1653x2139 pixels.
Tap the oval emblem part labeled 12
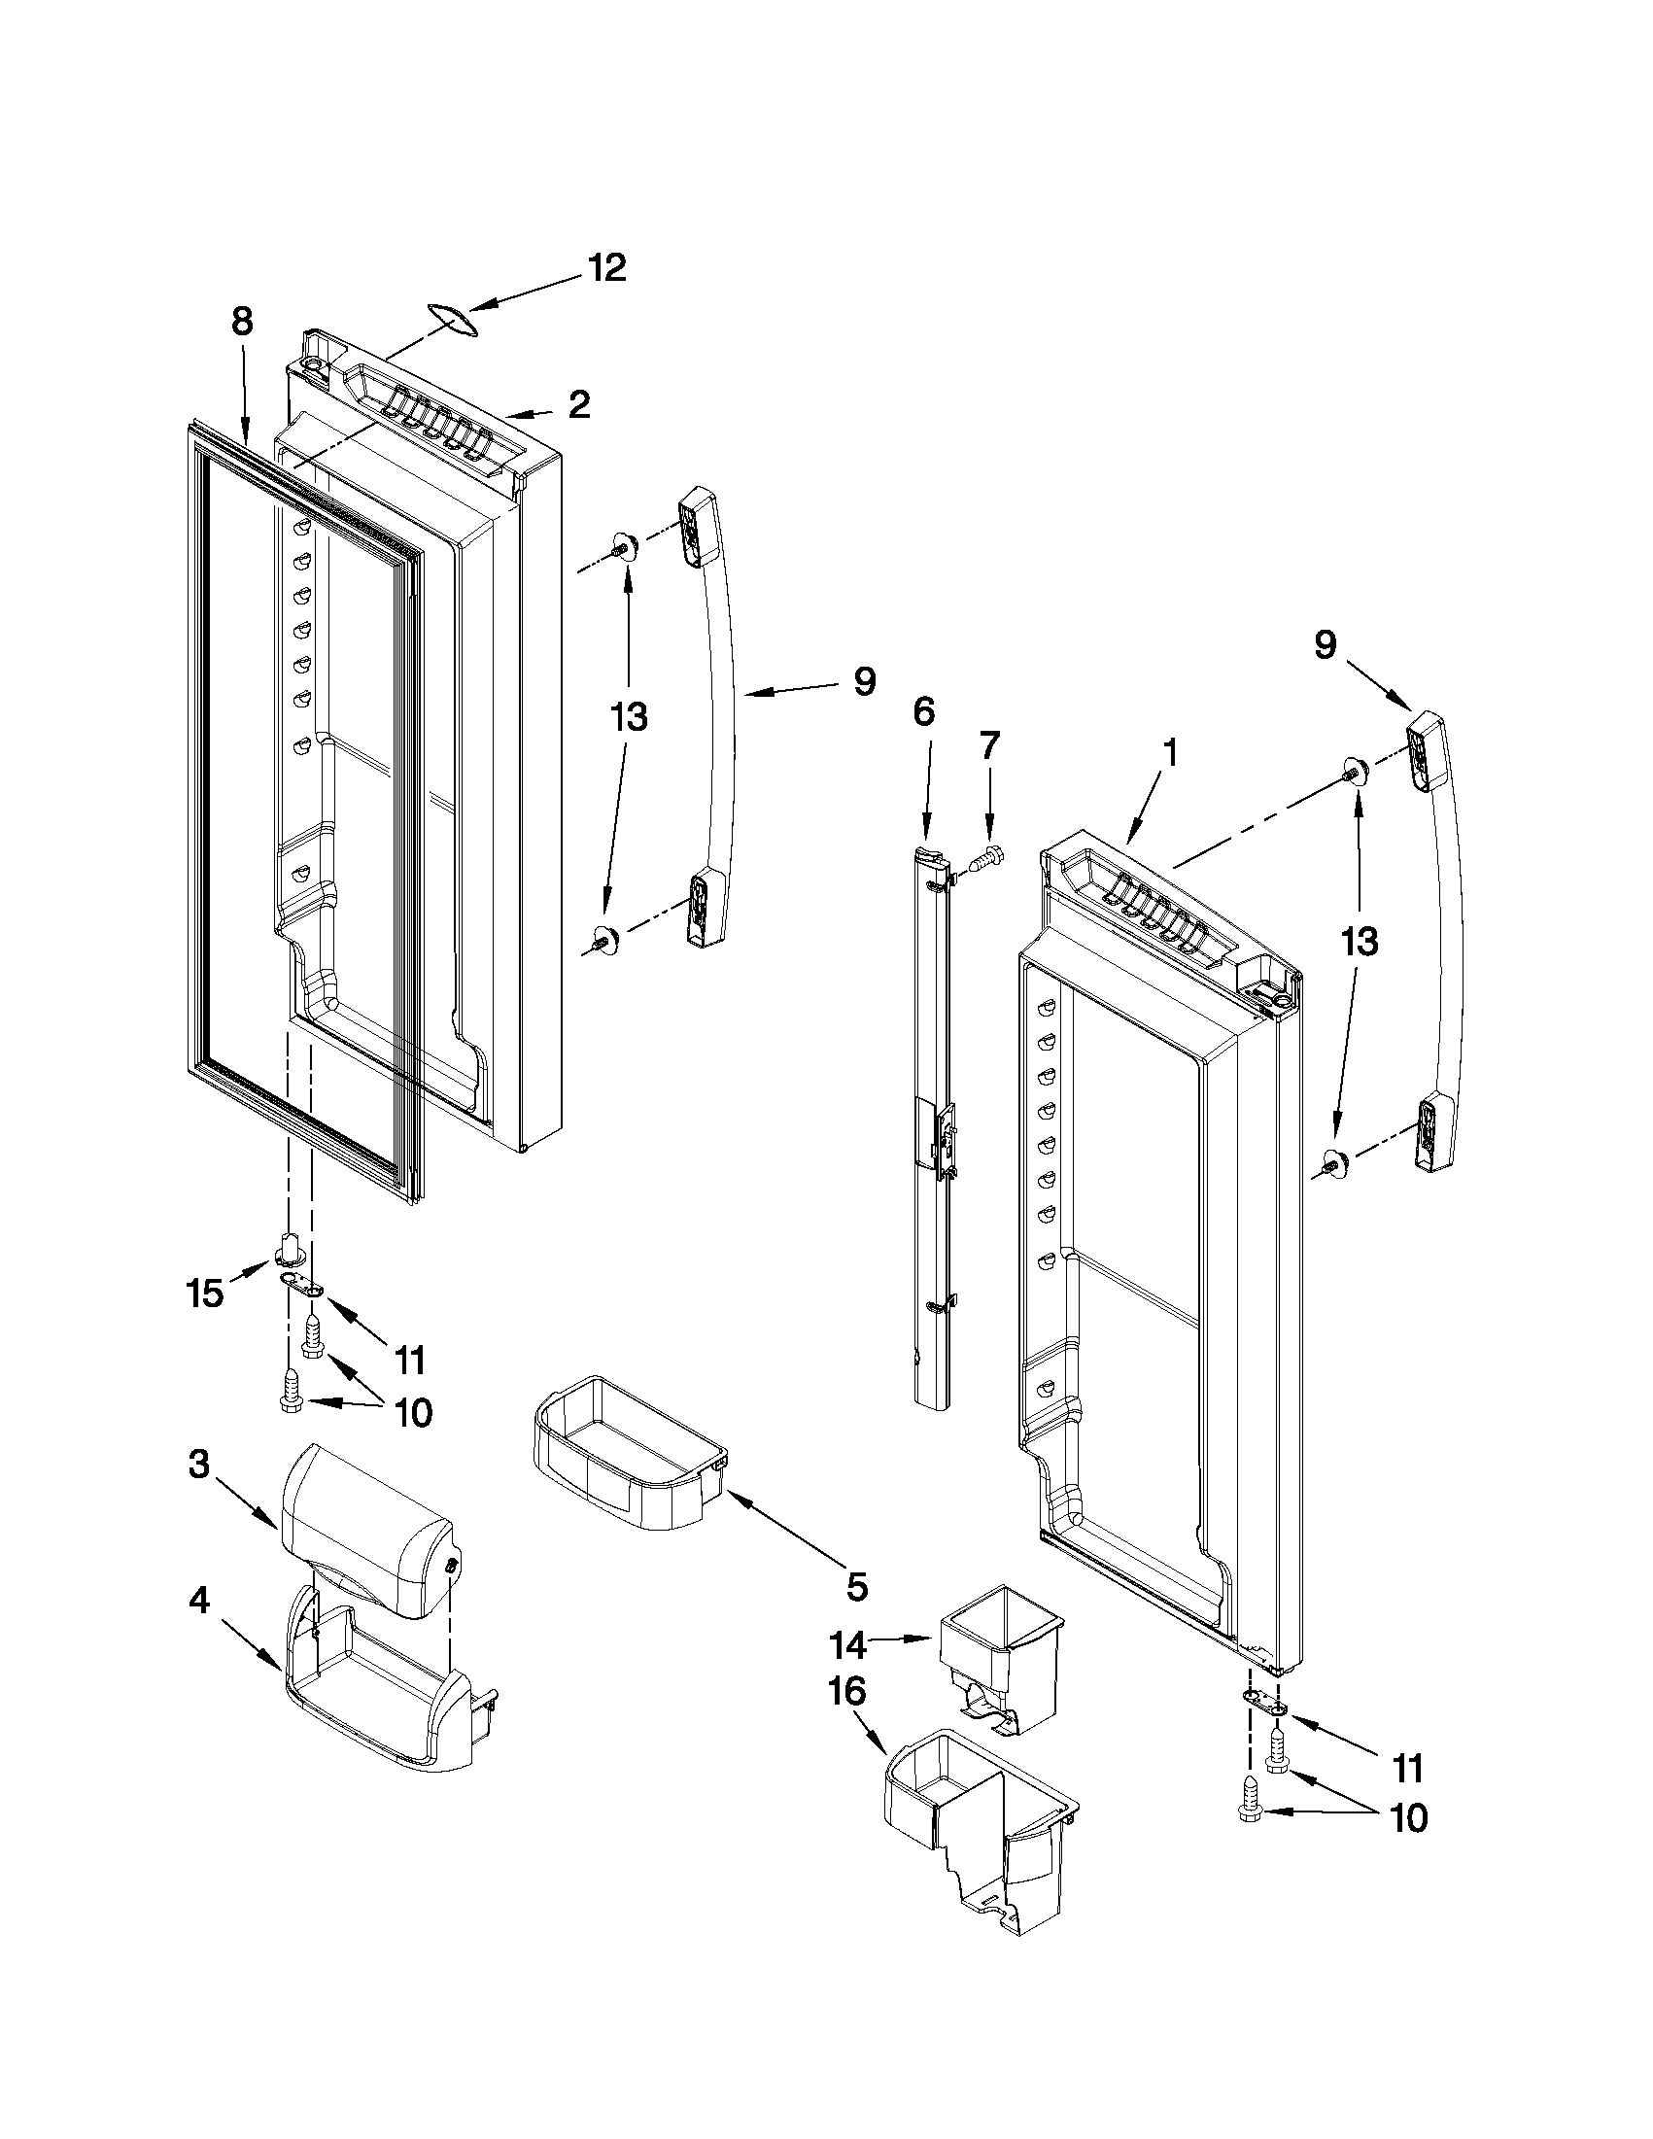coord(451,320)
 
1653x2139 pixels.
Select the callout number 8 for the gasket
coord(242,322)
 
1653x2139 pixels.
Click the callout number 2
coord(579,404)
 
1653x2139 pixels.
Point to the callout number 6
coord(923,712)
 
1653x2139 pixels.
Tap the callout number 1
coord(1169,755)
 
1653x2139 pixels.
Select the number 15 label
coord(205,1294)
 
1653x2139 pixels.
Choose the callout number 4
coord(198,1602)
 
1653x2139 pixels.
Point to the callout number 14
coord(848,1645)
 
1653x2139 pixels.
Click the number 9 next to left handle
coord(863,681)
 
